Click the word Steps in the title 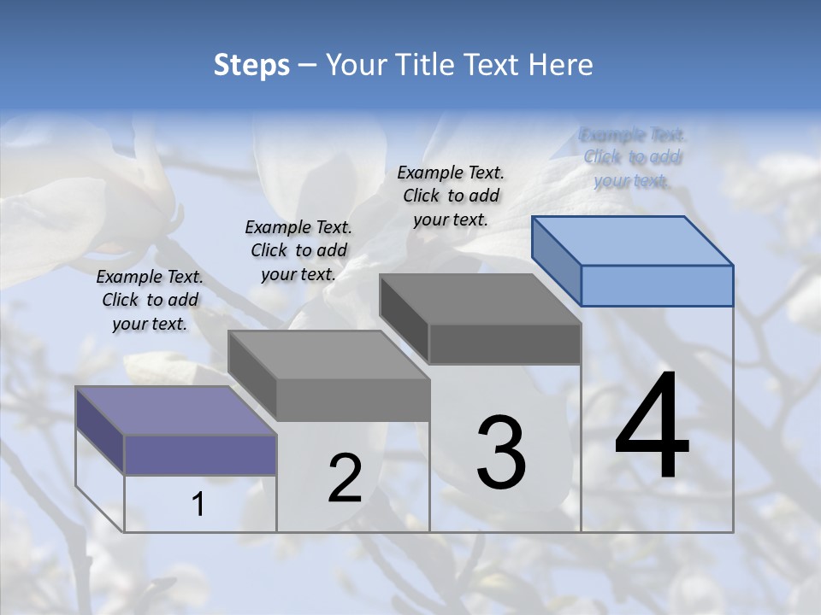click(x=251, y=65)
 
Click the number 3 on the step click(x=501, y=452)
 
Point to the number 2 click(x=346, y=478)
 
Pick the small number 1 click(x=198, y=505)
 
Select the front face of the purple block click(x=200, y=454)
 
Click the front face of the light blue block click(x=657, y=285)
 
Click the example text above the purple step click(x=150, y=300)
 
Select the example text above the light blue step click(x=633, y=157)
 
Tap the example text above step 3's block click(x=451, y=196)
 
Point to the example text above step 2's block click(x=298, y=250)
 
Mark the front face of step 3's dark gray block click(x=505, y=343)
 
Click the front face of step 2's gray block click(x=352, y=399)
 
